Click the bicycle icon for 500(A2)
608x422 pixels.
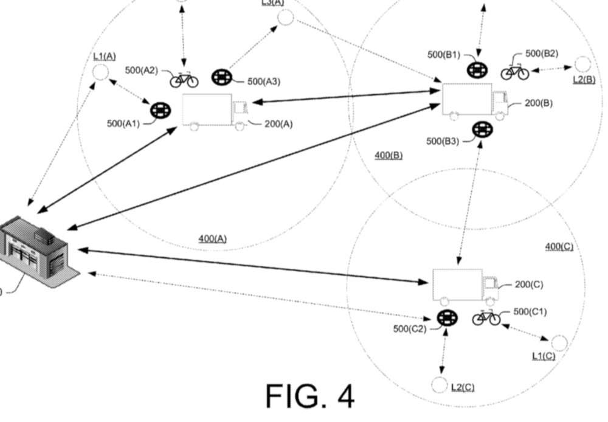tap(184, 79)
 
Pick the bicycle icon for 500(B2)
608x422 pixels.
tap(514, 72)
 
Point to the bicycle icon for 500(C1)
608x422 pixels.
tap(486, 317)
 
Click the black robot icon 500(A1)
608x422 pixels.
tap(161, 111)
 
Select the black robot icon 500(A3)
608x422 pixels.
tap(221, 77)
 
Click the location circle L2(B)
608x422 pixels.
tap(582, 64)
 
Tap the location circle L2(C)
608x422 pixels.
tap(439, 385)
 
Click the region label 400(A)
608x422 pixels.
tap(212, 239)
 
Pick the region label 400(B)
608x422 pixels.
tap(389, 156)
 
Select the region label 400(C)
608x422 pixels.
tap(559, 246)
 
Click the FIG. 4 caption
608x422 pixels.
tap(310, 395)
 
